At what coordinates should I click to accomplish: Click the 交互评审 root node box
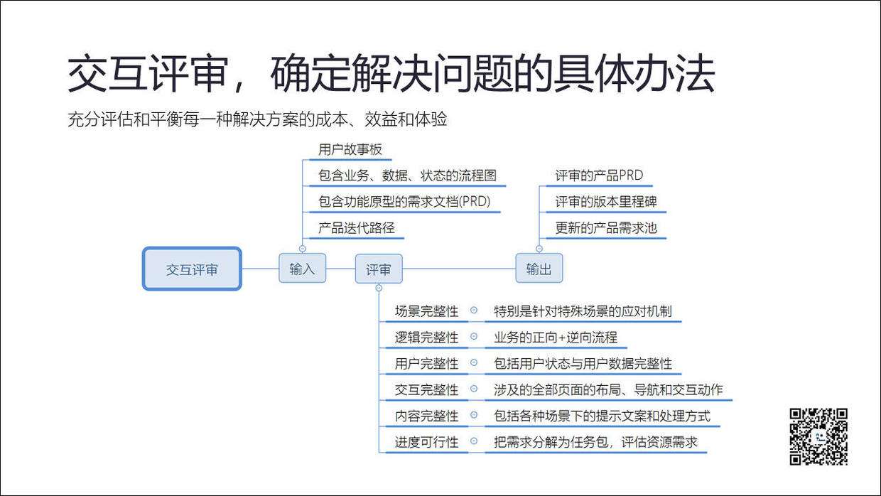[x=192, y=269]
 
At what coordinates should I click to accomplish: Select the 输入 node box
[x=302, y=269]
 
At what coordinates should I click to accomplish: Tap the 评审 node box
[x=378, y=269]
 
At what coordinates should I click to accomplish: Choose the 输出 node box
[x=539, y=269]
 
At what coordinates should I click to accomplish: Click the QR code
[x=818, y=436]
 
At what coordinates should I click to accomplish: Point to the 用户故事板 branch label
[x=350, y=149]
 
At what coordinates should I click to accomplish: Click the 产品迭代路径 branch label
[x=357, y=228]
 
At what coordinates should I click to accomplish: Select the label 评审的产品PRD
[x=599, y=175]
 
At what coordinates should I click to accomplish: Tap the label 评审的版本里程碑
[x=606, y=202]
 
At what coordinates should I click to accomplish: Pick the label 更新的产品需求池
[x=606, y=228]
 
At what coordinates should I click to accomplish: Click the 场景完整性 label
[x=426, y=311]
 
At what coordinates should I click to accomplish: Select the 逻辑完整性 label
[x=426, y=338]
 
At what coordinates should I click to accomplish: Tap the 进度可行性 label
[x=426, y=442]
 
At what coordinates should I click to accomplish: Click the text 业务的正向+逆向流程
[x=556, y=338]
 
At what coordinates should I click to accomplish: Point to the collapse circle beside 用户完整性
[x=474, y=363]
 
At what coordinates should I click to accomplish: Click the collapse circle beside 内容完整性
[x=474, y=416]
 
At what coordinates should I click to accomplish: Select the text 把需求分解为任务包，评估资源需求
[x=595, y=442]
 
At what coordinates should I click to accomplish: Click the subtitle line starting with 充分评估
[x=257, y=119]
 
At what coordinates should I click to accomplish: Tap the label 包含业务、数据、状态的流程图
[x=407, y=175]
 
